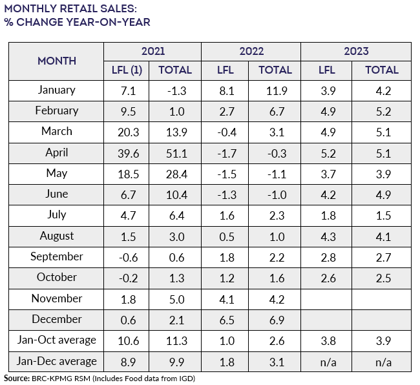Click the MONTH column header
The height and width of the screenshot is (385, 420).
tap(56, 61)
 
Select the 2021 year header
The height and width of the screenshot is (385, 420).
tap(152, 51)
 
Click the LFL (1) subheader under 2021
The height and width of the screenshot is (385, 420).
tap(127, 70)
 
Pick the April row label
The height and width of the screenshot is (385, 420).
tap(56, 153)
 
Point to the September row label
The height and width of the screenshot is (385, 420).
tap(56, 256)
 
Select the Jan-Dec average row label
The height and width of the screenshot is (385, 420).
tap(56, 361)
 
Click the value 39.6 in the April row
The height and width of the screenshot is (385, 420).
tap(127, 153)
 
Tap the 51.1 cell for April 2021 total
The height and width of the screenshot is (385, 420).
tap(175, 153)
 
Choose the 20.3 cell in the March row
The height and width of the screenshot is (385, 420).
tap(127, 132)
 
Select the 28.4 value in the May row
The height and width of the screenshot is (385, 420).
tap(175, 174)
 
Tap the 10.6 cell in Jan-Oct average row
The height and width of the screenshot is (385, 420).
tap(127, 340)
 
